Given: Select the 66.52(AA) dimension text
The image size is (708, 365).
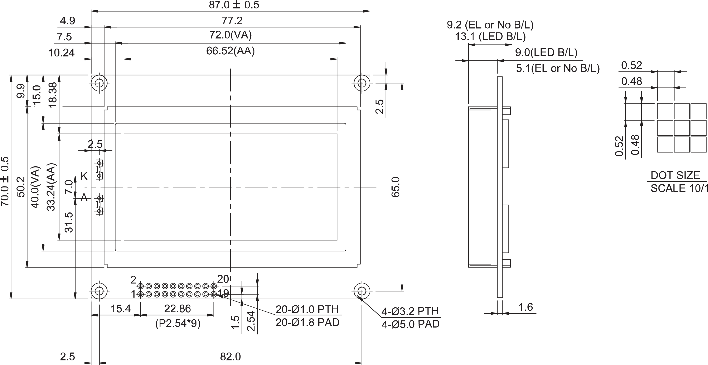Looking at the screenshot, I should pyautogui.click(x=230, y=51).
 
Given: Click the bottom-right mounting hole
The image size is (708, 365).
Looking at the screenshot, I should pyautogui.click(x=362, y=291).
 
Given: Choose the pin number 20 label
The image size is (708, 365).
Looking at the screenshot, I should pyautogui.click(x=223, y=279).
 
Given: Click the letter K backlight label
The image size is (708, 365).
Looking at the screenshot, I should pyautogui.click(x=84, y=176).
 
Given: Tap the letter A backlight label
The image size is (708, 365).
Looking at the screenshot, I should pyautogui.click(x=84, y=197).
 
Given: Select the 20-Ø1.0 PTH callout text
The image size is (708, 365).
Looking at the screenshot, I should pyautogui.click(x=307, y=310).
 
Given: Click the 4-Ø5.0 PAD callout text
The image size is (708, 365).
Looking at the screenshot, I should pyautogui.click(x=410, y=324).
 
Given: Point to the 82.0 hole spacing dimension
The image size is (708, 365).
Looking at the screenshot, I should pyautogui.click(x=230, y=357).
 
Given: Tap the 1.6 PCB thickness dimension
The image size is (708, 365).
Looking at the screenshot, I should pyautogui.click(x=525, y=307).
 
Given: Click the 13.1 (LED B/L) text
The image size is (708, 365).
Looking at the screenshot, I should pyautogui.click(x=490, y=36).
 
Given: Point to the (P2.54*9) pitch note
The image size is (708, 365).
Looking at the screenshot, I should pyautogui.click(x=178, y=323).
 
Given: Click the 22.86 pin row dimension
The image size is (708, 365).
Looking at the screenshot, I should pyautogui.click(x=177, y=309).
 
